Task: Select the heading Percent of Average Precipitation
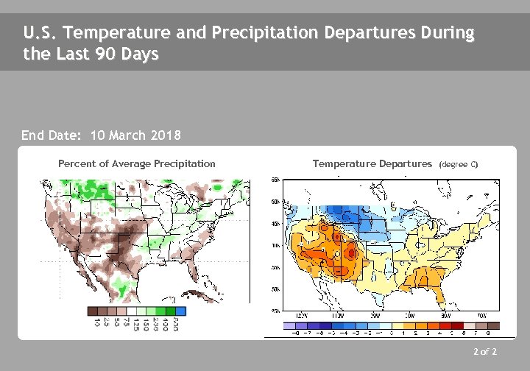(x=137, y=163)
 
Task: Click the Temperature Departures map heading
(x=372, y=163)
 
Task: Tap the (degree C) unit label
(x=458, y=164)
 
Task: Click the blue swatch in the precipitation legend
(x=181, y=311)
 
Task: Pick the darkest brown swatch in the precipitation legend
(x=93, y=311)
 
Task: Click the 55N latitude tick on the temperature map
(x=274, y=180)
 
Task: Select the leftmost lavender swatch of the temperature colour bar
(x=289, y=325)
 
